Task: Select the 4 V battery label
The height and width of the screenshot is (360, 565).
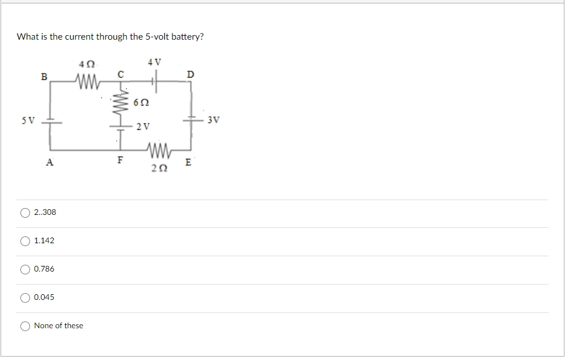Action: click(154, 62)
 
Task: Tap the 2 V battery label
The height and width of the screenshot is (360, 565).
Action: click(143, 126)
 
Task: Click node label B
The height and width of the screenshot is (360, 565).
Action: click(44, 76)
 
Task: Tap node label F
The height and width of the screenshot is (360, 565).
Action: click(120, 160)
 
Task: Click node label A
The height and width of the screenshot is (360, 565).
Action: click(49, 163)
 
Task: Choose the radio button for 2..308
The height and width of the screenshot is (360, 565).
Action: click(26, 213)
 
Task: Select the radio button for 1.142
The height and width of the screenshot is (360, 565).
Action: click(26, 241)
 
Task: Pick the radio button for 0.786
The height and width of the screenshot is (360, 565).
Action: click(26, 269)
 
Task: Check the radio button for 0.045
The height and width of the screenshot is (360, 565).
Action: click(26, 298)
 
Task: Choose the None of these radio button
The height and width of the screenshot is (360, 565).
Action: click(26, 326)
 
